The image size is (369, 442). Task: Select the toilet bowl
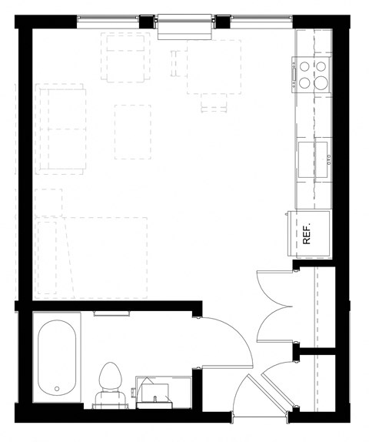(111, 377)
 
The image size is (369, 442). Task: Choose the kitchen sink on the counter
(314, 158)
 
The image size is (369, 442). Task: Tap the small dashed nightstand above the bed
(49, 202)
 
